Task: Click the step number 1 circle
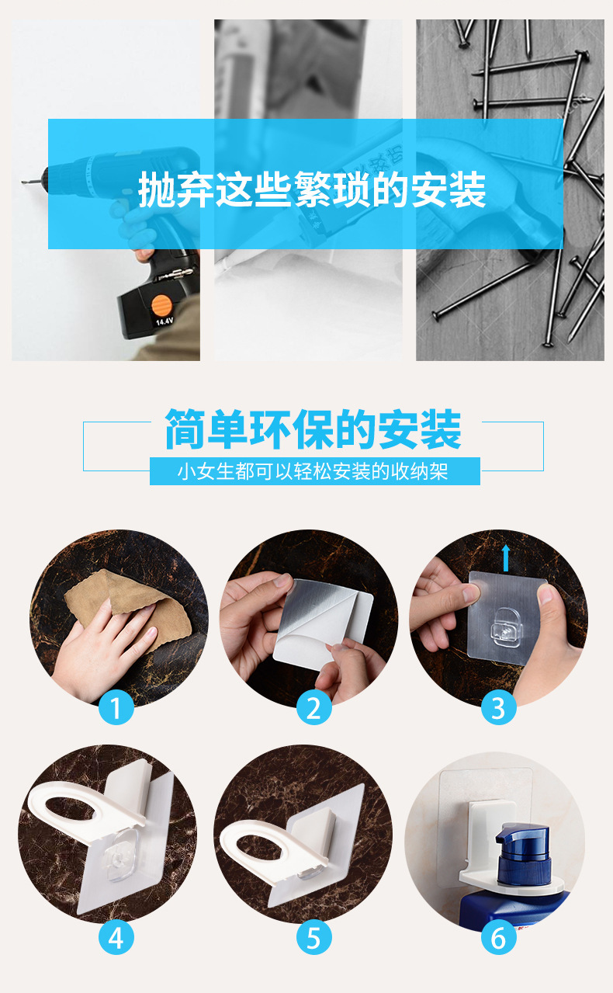pos(116,708)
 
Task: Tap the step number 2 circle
pos(313,708)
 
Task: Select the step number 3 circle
pos(498,708)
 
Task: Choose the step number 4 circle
pos(116,939)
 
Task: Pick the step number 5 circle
pos(313,939)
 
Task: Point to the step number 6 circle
pos(498,939)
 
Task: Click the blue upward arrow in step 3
pos(506,557)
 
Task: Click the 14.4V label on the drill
pos(164,321)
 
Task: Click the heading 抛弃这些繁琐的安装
pos(312,189)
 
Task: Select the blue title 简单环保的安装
pos(313,431)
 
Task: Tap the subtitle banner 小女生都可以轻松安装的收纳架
pos(313,471)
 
